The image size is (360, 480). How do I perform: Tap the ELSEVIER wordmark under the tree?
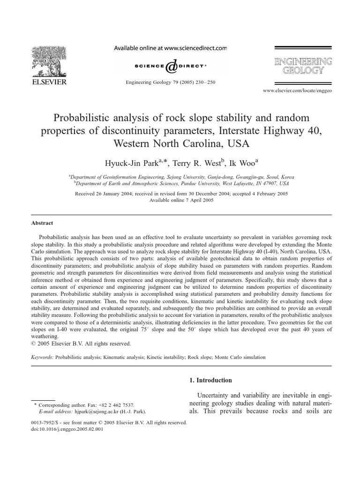(x=50, y=82)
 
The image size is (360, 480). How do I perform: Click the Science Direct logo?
(x=170, y=66)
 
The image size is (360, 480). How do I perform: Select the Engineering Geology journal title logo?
(x=303, y=67)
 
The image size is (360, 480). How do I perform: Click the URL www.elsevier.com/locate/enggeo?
(x=297, y=90)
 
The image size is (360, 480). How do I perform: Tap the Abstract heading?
(x=42, y=224)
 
